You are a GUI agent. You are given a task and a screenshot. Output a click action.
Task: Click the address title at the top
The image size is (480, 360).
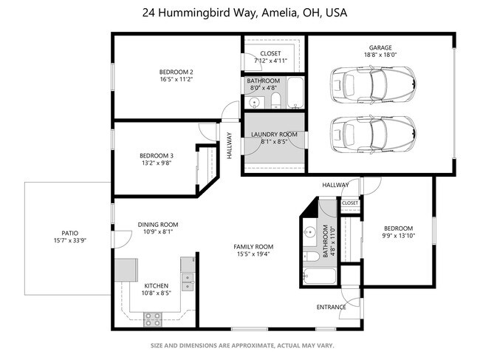(x=244, y=13)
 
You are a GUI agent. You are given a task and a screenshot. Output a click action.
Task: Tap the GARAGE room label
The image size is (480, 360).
(x=380, y=47)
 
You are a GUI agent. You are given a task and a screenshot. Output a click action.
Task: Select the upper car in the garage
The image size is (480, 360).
(x=373, y=85)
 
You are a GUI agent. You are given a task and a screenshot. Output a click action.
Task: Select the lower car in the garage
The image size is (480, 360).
(x=373, y=135)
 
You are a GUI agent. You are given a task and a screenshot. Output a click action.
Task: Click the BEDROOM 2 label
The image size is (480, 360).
(x=176, y=72)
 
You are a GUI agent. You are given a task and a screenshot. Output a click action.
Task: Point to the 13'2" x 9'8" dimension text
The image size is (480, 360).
(x=157, y=163)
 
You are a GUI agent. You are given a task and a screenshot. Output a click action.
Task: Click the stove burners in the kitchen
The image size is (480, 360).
(x=153, y=319)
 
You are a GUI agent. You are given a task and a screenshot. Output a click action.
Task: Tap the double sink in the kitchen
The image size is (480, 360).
(x=188, y=282)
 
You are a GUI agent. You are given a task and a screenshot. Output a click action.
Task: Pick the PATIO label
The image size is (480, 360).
(x=70, y=233)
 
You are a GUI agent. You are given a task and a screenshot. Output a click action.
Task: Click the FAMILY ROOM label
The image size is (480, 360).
(x=253, y=247)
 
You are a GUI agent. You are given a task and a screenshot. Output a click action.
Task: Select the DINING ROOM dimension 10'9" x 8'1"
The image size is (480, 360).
(x=158, y=232)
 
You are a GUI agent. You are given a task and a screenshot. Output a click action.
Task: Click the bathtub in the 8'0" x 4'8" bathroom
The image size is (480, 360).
(x=295, y=92)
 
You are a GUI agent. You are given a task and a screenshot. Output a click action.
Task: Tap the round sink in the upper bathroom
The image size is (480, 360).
(x=254, y=102)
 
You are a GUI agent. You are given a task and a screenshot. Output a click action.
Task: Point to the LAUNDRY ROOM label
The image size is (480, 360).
(x=274, y=135)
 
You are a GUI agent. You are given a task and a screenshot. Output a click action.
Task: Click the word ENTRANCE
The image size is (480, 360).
(x=332, y=307)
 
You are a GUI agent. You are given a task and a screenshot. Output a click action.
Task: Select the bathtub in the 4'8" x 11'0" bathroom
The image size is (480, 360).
(x=319, y=276)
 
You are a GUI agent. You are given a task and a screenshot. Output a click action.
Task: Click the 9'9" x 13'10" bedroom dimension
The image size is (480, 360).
(x=398, y=236)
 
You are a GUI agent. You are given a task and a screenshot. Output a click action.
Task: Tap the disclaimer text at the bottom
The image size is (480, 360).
(x=242, y=346)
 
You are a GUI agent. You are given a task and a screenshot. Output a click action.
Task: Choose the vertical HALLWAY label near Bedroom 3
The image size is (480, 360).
(x=229, y=146)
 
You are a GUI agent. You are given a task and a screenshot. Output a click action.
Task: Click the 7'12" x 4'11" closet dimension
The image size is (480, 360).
(x=270, y=61)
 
